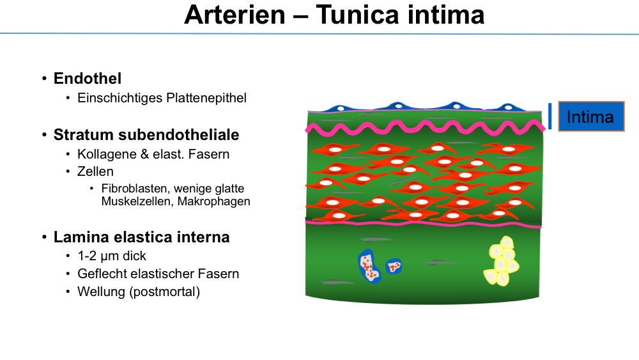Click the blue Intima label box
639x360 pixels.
point(591,116)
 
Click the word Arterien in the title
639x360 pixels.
point(235,15)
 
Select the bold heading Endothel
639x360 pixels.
point(88,78)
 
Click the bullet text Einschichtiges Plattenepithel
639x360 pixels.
point(162,98)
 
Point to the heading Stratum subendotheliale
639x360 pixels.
point(146,134)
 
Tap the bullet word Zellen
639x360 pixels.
point(95,171)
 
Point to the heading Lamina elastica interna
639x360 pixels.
point(141,237)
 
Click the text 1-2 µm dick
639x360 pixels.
point(112,256)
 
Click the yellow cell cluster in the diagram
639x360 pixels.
point(501,261)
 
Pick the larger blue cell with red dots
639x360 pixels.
point(369,266)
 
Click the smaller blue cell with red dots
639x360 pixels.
point(394,266)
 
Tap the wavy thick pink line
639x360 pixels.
point(425,128)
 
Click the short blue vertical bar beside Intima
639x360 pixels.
point(550,116)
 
